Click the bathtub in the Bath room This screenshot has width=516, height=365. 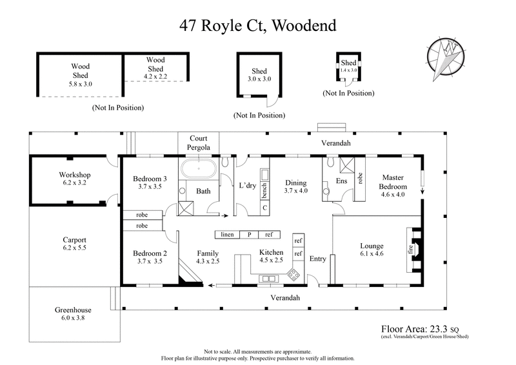[199, 170]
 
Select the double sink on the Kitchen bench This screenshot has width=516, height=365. [268, 278]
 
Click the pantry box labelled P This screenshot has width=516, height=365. [249, 235]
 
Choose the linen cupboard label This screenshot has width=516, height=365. [228, 235]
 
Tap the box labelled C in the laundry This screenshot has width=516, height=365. [264, 208]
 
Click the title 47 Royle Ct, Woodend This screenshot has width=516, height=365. [257, 26]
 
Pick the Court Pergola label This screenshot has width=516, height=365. [198, 143]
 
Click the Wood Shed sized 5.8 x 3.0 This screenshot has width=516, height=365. [80, 74]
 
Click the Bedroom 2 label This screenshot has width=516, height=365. [150, 253]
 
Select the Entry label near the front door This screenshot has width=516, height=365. [318, 259]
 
